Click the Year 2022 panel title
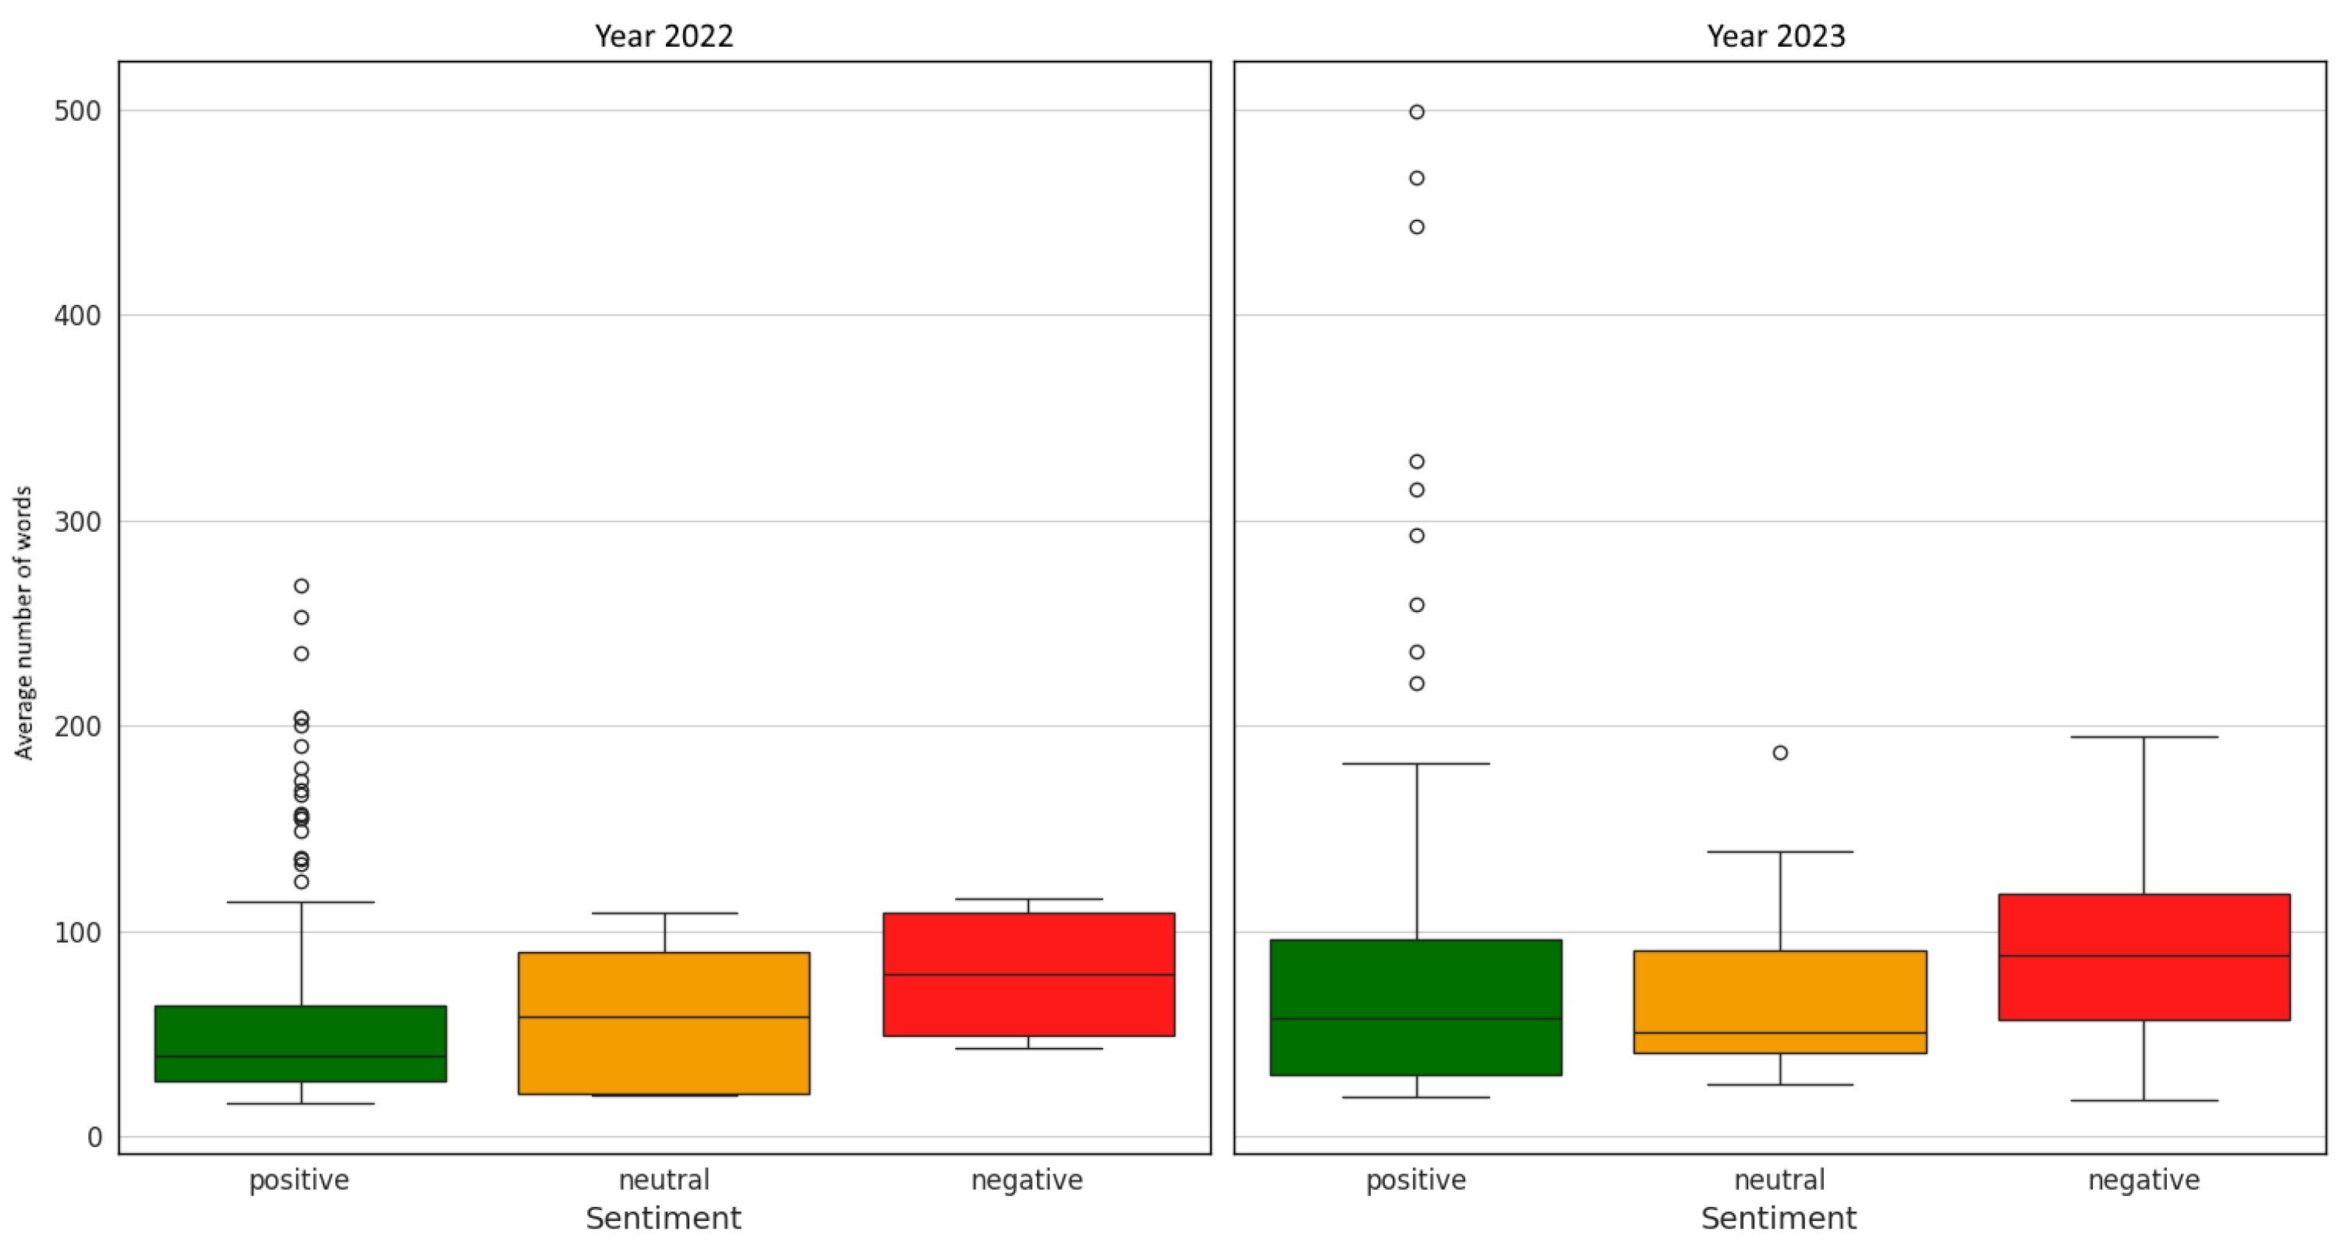(664, 37)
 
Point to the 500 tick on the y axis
(77, 111)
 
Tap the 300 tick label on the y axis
(77, 522)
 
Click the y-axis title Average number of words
(23, 622)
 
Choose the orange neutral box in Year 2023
(1779, 993)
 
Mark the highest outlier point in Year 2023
(1417, 112)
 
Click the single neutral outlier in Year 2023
(1779, 752)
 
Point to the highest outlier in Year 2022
(302, 586)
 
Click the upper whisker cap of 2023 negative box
(2143, 738)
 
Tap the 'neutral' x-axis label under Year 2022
(664, 1180)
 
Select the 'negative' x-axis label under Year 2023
(2143, 1180)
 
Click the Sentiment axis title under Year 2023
(1779, 1219)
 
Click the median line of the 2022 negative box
(1028, 975)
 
